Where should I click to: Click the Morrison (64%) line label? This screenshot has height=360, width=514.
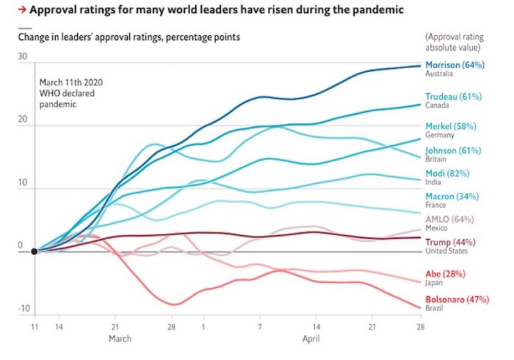(x=455, y=65)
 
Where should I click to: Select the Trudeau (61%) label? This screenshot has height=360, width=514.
(x=453, y=97)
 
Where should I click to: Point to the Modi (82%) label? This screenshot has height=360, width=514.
(x=448, y=174)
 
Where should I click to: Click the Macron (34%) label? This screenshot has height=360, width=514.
(x=452, y=196)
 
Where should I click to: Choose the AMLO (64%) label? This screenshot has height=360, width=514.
(x=450, y=219)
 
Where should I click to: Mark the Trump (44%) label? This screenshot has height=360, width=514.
(x=450, y=242)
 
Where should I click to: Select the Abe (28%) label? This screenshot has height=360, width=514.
(x=445, y=273)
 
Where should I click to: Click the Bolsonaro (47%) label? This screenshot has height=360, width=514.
(x=457, y=300)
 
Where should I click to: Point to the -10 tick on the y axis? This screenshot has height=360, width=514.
(x=24, y=309)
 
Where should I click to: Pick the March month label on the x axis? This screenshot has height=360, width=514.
(x=120, y=338)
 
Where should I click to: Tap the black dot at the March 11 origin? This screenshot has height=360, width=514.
(x=35, y=251)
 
